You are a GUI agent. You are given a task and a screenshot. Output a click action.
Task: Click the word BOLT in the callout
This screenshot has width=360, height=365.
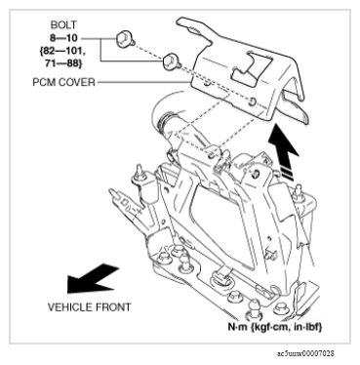63,25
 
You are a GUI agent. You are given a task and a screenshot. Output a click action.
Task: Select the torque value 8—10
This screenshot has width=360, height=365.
63,38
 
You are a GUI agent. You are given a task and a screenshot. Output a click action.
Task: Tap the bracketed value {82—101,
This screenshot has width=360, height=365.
64,51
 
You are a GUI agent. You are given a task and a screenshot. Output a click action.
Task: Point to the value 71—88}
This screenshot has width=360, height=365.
63,63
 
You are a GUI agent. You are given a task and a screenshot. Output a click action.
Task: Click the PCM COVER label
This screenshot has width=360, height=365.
63,82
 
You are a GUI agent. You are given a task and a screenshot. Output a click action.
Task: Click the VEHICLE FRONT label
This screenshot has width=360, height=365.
89,307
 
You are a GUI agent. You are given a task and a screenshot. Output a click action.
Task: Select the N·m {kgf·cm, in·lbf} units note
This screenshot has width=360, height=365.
275,327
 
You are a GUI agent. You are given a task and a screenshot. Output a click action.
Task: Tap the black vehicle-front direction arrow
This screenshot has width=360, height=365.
92,279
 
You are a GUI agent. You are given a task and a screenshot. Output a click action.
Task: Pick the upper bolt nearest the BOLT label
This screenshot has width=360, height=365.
125,38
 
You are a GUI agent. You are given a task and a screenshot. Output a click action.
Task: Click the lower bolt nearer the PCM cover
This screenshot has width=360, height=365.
172,61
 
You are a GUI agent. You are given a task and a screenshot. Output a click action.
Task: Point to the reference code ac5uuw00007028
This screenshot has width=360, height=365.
305,353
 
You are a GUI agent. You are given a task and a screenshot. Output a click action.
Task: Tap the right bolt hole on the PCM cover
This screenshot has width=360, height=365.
252,102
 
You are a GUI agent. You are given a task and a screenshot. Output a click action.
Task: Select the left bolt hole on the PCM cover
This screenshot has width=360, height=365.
207,85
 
